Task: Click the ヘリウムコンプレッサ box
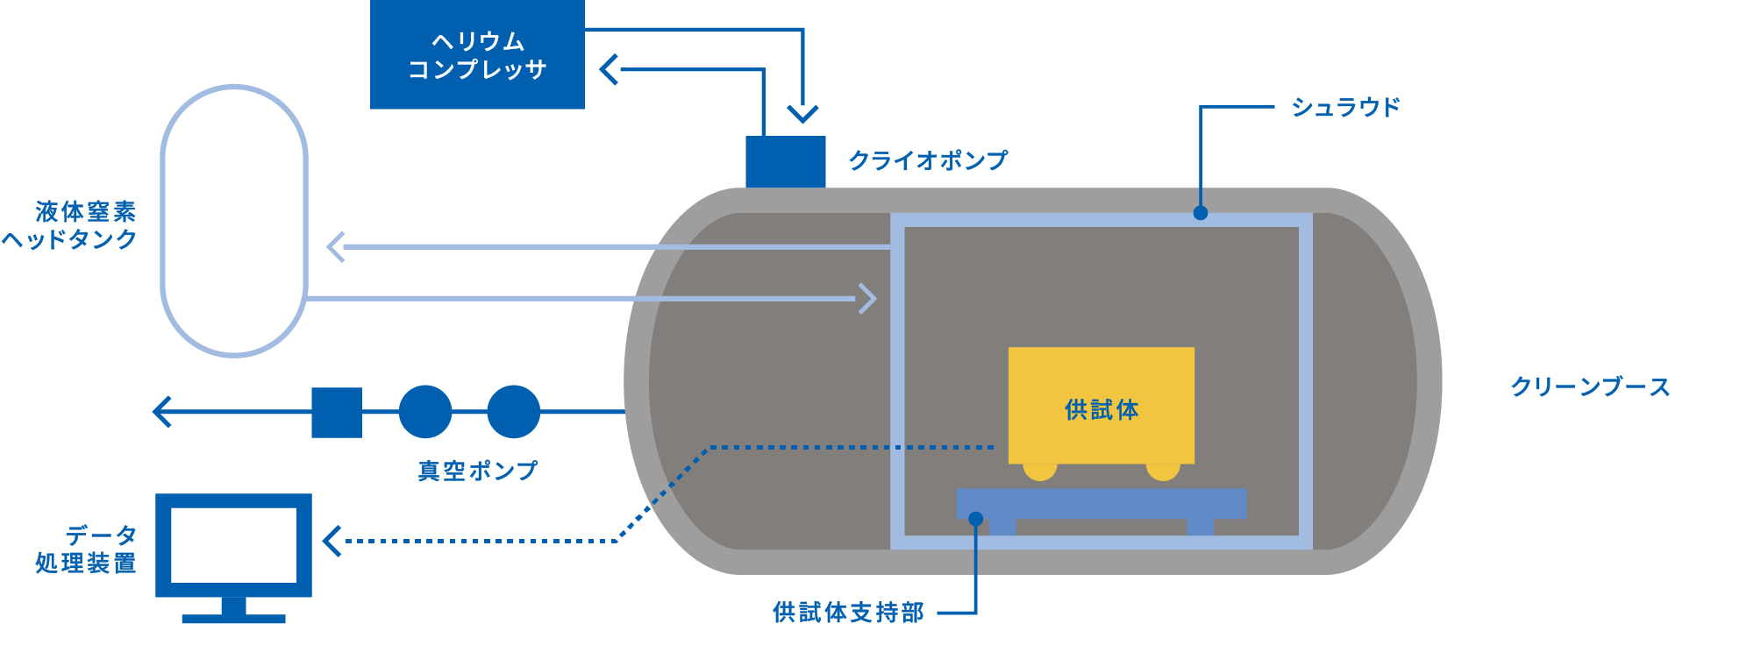coord(477,54)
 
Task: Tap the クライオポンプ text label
coord(928,160)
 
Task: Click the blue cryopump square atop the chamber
coord(785,161)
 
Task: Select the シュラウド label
coord(1345,107)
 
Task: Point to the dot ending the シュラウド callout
coord(1201,213)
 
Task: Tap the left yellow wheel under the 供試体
coord(1039,471)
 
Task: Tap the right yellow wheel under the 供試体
coord(1163,471)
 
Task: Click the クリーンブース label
coord(1589,386)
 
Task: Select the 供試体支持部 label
coord(848,613)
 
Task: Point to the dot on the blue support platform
coord(975,519)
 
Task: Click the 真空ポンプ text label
coord(477,471)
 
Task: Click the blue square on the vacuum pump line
coord(337,412)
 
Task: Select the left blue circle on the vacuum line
coord(425,412)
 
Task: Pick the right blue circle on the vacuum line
coord(513,412)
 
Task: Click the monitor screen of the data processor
coord(233,545)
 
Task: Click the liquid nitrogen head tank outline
coord(163,219)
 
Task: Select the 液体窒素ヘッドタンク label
coord(70,225)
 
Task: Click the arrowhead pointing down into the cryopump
coord(802,113)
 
